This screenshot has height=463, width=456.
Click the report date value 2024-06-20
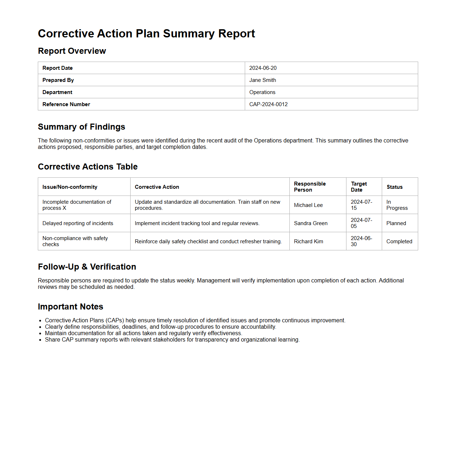click(x=263, y=68)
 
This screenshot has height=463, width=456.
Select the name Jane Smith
click(x=263, y=80)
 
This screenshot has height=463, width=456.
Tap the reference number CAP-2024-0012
click(x=268, y=104)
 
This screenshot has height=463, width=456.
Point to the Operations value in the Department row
click(x=262, y=92)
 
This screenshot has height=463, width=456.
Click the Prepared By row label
click(x=58, y=80)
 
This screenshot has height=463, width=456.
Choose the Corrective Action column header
click(x=157, y=187)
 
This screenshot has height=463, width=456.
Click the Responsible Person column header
click(x=310, y=187)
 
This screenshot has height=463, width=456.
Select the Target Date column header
click(x=359, y=187)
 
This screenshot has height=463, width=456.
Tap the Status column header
click(x=395, y=187)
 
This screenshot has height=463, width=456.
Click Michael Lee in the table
click(x=308, y=205)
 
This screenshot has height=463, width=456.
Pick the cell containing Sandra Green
click(x=311, y=223)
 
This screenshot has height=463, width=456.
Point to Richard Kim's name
click(x=309, y=241)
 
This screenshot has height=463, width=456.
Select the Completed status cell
click(x=399, y=241)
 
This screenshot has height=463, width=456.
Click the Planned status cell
click(x=396, y=223)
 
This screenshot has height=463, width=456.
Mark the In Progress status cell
click(x=397, y=205)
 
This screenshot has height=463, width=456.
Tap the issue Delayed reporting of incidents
click(x=78, y=223)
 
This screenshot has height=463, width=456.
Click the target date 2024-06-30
click(x=361, y=241)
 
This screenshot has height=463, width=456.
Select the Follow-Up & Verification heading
click(x=87, y=267)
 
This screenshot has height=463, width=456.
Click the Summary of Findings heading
click(x=81, y=127)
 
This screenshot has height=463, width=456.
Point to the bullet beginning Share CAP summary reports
click(x=172, y=340)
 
